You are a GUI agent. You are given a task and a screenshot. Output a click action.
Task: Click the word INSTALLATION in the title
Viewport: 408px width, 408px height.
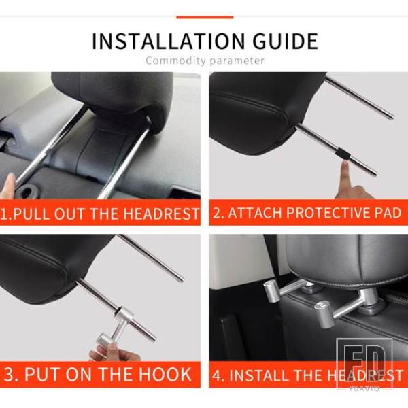pos(169,41)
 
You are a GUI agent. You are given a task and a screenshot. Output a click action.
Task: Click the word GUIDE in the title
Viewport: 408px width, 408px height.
pos(286,41)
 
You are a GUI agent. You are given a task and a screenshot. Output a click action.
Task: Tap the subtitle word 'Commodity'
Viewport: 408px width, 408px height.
pos(175,61)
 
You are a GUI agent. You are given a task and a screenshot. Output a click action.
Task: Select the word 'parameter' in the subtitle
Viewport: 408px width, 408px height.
pos(237,61)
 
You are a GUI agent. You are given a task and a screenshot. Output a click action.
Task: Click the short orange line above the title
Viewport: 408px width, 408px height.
pos(205,17)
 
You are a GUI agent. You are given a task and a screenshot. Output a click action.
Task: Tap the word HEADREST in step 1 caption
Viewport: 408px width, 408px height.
pos(160,214)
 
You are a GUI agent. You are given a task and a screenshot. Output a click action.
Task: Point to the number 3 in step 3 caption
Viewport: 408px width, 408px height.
pos(9,375)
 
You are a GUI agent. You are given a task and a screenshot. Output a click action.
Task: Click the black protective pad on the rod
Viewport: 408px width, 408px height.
pos(341,154)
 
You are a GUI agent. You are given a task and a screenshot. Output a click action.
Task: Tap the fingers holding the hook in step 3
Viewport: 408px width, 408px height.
pos(112,352)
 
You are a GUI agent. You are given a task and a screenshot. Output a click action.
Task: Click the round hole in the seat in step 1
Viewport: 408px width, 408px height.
pos(27,192)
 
